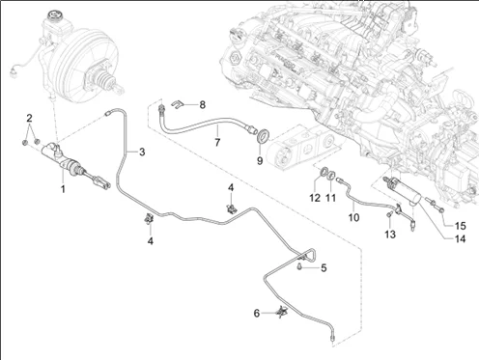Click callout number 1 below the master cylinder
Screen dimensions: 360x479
tap(62, 189)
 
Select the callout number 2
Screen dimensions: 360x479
tap(30, 118)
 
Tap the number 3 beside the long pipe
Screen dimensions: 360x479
tap(141, 152)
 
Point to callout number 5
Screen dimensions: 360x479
tap(324, 267)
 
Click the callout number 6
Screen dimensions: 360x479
tap(257, 314)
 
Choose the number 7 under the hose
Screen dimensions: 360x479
tap(217, 143)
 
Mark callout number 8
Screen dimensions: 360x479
tap(202, 103)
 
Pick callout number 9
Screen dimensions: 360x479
tap(259, 161)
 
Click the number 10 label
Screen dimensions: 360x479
tap(353, 218)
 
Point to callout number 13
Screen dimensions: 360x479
tap(390, 235)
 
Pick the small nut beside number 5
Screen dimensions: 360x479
tap(301, 268)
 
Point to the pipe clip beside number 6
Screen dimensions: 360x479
tap(281, 311)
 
